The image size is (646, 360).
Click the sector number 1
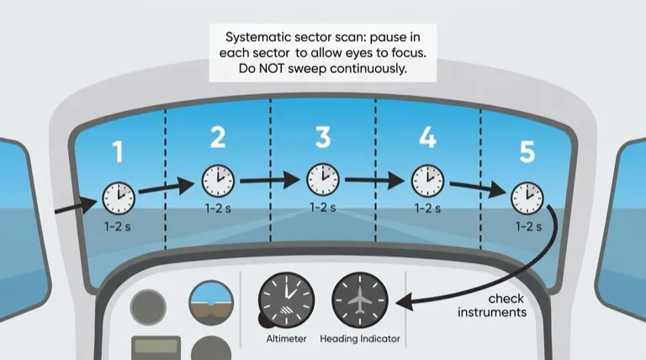click(x=119, y=151)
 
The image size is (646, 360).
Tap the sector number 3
click(x=323, y=137)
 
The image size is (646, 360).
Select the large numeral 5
click(x=527, y=151)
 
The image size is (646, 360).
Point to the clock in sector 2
click(x=218, y=181)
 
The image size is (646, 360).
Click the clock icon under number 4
click(x=427, y=181)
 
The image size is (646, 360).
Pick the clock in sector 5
click(x=527, y=199)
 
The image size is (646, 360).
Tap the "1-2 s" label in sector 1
click(x=118, y=226)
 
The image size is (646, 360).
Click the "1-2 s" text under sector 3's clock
click(x=323, y=207)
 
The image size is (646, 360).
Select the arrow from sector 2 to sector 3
click(x=270, y=180)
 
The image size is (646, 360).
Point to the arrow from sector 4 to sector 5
click(x=479, y=188)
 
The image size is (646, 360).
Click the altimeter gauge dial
click(x=286, y=300)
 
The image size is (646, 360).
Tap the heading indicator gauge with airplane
click(x=360, y=300)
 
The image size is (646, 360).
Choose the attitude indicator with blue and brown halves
click(x=211, y=303)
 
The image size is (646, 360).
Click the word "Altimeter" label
click(x=286, y=339)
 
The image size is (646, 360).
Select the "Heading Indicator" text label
click(x=360, y=339)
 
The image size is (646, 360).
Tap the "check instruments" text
click(x=492, y=305)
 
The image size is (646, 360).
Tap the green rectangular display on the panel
click(x=156, y=347)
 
